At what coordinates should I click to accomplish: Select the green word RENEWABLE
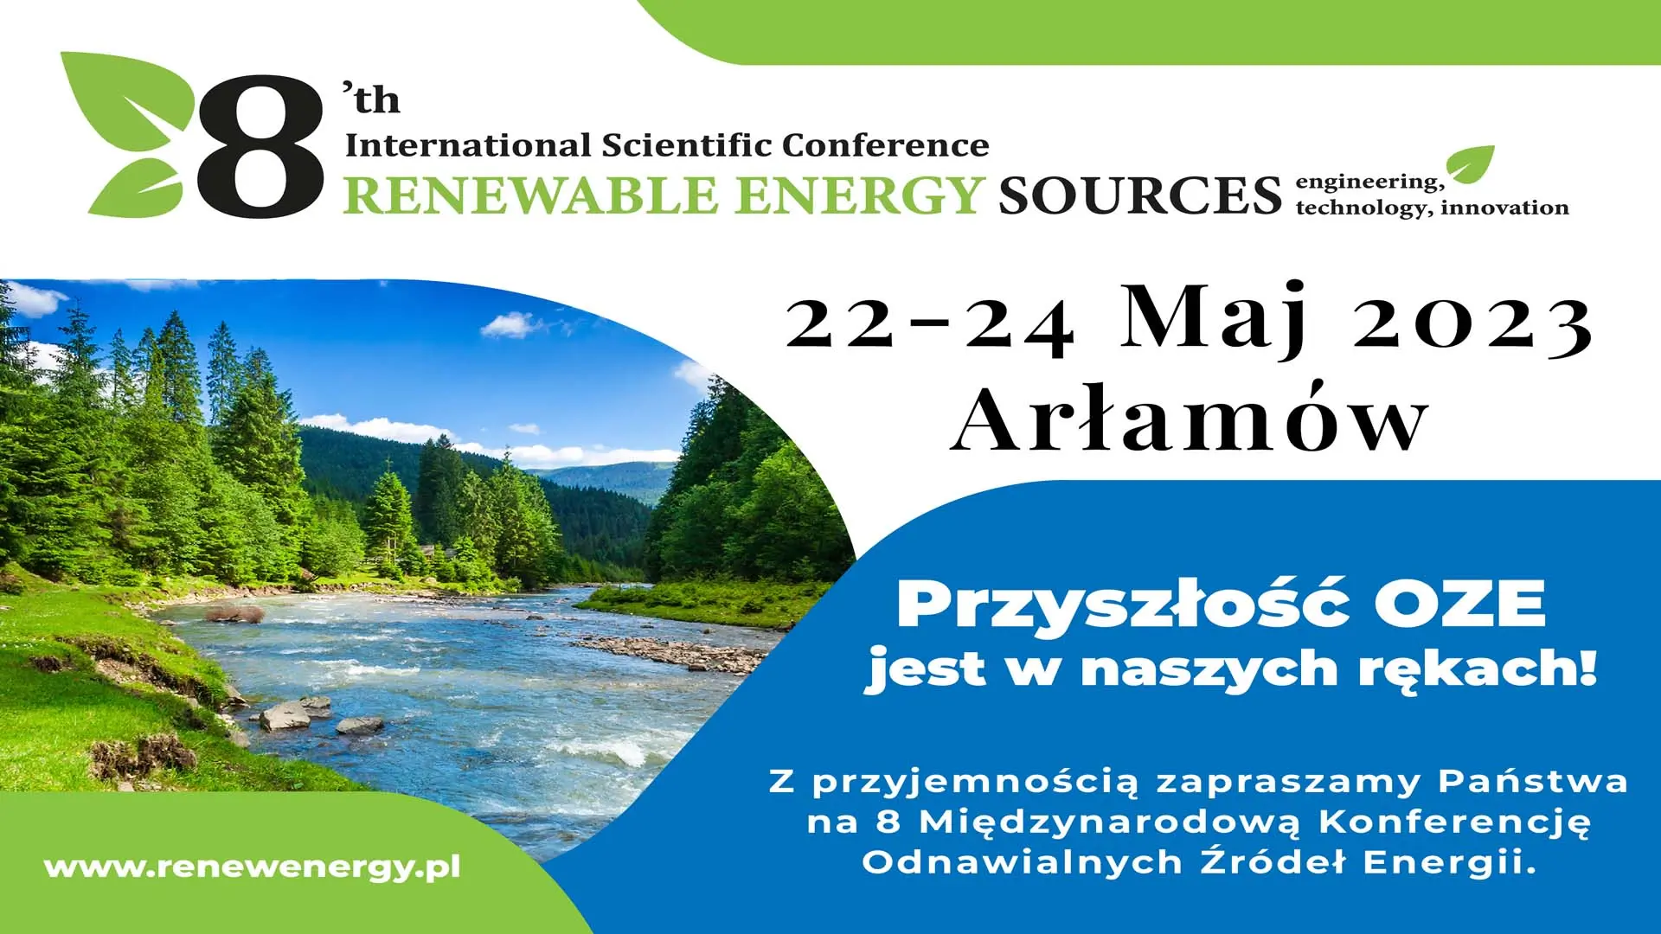tap(530, 194)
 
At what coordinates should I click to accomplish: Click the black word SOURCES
tap(1139, 195)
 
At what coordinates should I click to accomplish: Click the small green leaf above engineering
tap(1471, 164)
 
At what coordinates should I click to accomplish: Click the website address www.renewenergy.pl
tap(252, 867)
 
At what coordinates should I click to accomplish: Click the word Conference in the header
tap(886, 144)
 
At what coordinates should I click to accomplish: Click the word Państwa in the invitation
tap(1533, 781)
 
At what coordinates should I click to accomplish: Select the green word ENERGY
tap(860, 194)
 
